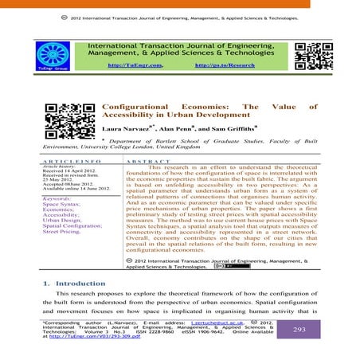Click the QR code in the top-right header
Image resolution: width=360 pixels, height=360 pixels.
tap(308, 55)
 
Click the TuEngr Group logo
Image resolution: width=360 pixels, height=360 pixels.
tap(63, 56)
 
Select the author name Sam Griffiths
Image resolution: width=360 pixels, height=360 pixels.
tap(236, 127)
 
